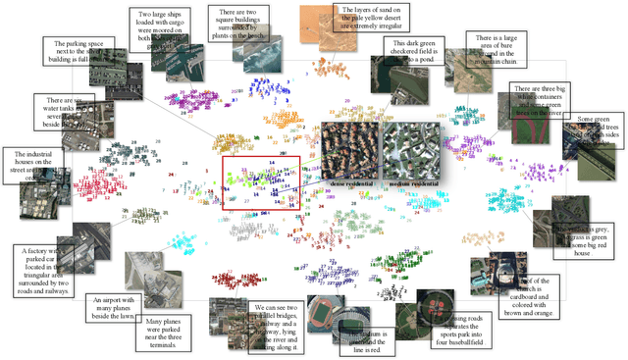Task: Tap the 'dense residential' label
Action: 348,182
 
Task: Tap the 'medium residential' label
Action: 411,182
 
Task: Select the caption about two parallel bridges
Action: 277,325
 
